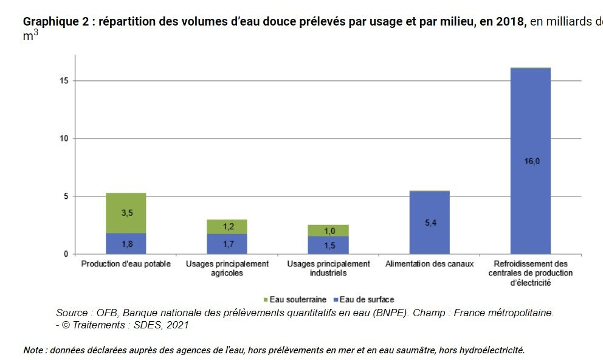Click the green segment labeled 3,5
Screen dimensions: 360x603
[x=126, y=213]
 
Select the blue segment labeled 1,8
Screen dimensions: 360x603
[x=126, y=243]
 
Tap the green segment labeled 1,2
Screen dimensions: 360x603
[x=227, y=226]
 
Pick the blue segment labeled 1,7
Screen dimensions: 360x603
[x=227, y=244]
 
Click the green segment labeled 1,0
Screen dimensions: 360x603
[x=328, y=230]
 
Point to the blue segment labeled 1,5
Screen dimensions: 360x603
[x=328, y=245]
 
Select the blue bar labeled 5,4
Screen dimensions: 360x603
[x=429, y=223]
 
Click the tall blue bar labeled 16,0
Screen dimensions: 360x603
[x=530, y=161]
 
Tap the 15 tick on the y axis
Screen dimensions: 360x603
[x=64, y=81]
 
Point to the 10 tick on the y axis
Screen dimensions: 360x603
[x=64, y=139]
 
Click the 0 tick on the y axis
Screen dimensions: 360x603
[x=66, y=254]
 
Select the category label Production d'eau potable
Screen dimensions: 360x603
[x=126, y=264]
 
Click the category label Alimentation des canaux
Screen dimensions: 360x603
[x=429, y=264]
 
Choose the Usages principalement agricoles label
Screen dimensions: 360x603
[x=227, y=268]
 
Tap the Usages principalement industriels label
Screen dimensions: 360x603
[x=328, y=268]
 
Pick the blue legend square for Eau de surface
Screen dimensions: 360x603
[x=335, y=300]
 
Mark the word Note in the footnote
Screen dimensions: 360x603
[x=33, y=350]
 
